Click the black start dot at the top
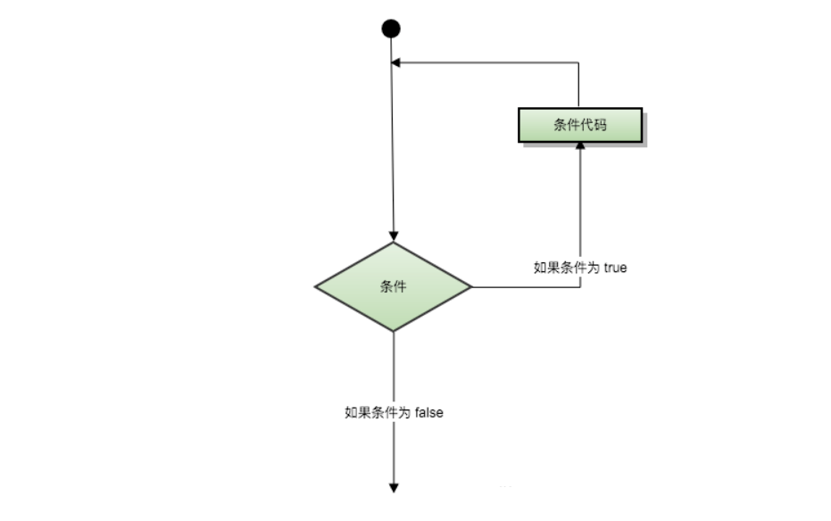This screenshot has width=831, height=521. [391, 29]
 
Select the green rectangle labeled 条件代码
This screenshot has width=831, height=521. [579, 125]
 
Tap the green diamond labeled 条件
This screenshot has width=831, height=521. [393, 287]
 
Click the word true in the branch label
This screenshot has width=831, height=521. [615, 267]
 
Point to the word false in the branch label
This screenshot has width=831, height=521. [428, 412]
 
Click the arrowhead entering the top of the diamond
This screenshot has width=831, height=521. [393, 236]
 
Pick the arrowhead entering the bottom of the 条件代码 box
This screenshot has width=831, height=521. [579, 145]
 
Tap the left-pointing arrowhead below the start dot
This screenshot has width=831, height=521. [396, 62]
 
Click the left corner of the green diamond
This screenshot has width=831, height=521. [316, 287]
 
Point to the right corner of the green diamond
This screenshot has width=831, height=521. [470, 287]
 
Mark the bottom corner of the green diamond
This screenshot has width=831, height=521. [393, 331]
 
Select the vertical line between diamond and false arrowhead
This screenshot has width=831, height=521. [393, 375]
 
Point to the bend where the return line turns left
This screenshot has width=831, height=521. [579, 62]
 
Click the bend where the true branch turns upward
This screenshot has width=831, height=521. [579, 287]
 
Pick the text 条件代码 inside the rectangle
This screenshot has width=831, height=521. [579, 125]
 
